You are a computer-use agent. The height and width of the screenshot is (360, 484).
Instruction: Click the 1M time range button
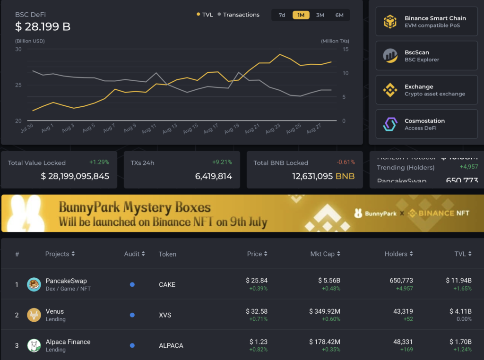click(301, 15)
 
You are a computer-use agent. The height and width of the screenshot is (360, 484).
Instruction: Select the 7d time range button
click(282, 15)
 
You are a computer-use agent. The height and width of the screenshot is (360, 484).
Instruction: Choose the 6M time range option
click(339, 15)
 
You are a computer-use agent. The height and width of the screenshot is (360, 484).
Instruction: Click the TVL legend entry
click(205, 15)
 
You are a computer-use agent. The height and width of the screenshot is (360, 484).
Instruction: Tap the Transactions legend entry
click(239, 15)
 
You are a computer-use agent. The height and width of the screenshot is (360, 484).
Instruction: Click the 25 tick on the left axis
click(18, 85)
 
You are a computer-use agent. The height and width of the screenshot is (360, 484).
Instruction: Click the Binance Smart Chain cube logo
click(390, 22)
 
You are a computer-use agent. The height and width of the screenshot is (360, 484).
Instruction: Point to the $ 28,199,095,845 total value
click(75, 176)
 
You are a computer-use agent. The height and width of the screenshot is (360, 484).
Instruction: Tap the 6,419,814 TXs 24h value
click(214, 176)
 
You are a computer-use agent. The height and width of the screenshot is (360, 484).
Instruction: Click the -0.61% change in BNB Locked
click(346, 162)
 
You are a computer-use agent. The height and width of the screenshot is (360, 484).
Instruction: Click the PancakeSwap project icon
click(34, 284)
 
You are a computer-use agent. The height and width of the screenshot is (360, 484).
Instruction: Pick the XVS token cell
click(165, 315)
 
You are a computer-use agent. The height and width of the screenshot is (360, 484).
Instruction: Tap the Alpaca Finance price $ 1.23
click(259, 342)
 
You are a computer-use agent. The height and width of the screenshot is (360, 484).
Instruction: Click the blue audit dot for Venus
click(132, 315)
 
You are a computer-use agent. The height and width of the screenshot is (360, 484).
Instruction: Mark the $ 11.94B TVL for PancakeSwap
click(458, 281)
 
